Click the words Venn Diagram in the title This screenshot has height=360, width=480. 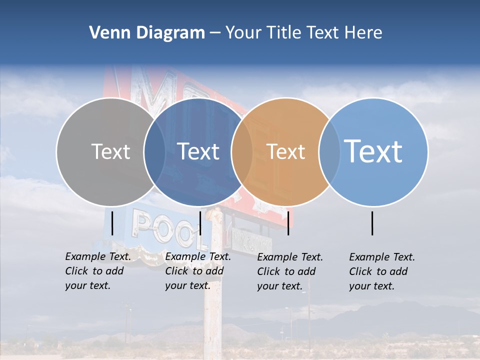click(146, 33)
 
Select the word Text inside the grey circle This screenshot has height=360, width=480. click(110, 152)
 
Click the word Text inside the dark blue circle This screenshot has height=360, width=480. click(198, 152)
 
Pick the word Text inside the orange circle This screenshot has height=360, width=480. click(285, 152)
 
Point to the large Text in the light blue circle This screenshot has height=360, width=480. click(373, 151)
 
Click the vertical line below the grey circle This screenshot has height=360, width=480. click(112, 223)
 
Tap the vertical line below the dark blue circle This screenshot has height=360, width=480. click(200, 223)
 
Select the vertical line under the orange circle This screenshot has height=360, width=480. click(288, 223)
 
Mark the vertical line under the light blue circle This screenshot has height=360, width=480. click(372, 223)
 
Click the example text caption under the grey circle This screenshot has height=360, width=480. click(97, 271)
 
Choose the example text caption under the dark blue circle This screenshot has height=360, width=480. click(197, 271)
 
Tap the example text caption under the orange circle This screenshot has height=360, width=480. click(290, 271)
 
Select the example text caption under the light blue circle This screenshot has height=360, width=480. click(381, 271)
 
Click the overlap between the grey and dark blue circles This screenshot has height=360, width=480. click(154, 152)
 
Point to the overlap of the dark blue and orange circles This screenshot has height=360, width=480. click(242, 152)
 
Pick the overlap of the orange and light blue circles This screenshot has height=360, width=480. click(329, 152)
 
